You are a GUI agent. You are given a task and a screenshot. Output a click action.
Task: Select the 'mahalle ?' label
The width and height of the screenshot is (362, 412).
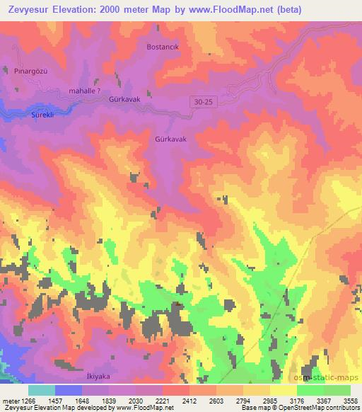(x=89, y=91)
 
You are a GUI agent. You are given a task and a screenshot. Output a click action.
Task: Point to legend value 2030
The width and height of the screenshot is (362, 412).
(x=136, y=400)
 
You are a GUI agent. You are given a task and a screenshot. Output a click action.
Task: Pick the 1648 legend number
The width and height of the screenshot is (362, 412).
(x=83, y=400)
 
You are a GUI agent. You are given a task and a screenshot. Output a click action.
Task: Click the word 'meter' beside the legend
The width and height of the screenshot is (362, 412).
(x=8, y=400)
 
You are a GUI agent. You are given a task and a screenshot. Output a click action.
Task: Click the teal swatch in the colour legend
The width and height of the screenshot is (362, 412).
(x=42, y=390)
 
